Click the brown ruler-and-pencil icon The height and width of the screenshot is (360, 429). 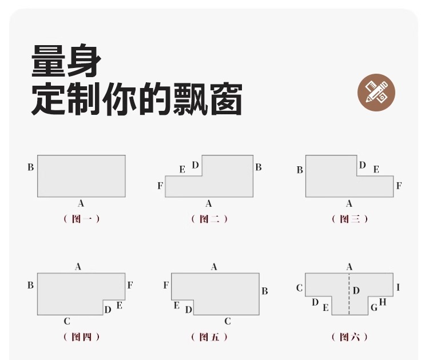tap(376, 92)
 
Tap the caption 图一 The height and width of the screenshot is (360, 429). tap(82, 219)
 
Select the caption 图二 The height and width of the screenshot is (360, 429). tap(209, 219)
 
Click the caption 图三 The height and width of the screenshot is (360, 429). tap(349, 219)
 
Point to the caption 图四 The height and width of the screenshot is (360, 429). tap(82, 337)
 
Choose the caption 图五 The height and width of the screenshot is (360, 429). tap(209, 337)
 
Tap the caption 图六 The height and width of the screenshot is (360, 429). tap(349, 337)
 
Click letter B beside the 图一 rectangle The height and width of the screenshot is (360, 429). tap(31, 167)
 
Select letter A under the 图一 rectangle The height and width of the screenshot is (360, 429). tap(81, 203)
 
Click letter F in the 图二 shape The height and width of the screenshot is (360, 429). tap(160, 186)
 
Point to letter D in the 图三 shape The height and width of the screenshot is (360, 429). tap(362, 165)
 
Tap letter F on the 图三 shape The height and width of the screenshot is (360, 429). tap(399, 186)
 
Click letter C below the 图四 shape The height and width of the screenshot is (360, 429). tap(67, 321)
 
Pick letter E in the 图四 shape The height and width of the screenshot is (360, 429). tap(120, 305)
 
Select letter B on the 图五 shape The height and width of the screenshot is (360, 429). tap(265, 291)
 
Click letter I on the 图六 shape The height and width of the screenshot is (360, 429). tap(398, 287)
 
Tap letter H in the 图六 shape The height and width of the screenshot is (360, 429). tap(383, 302)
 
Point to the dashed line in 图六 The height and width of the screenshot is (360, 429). tap(349, 294)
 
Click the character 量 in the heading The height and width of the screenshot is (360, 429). tap(49, 61)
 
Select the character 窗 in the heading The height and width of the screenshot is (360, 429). tap(226, 99)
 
